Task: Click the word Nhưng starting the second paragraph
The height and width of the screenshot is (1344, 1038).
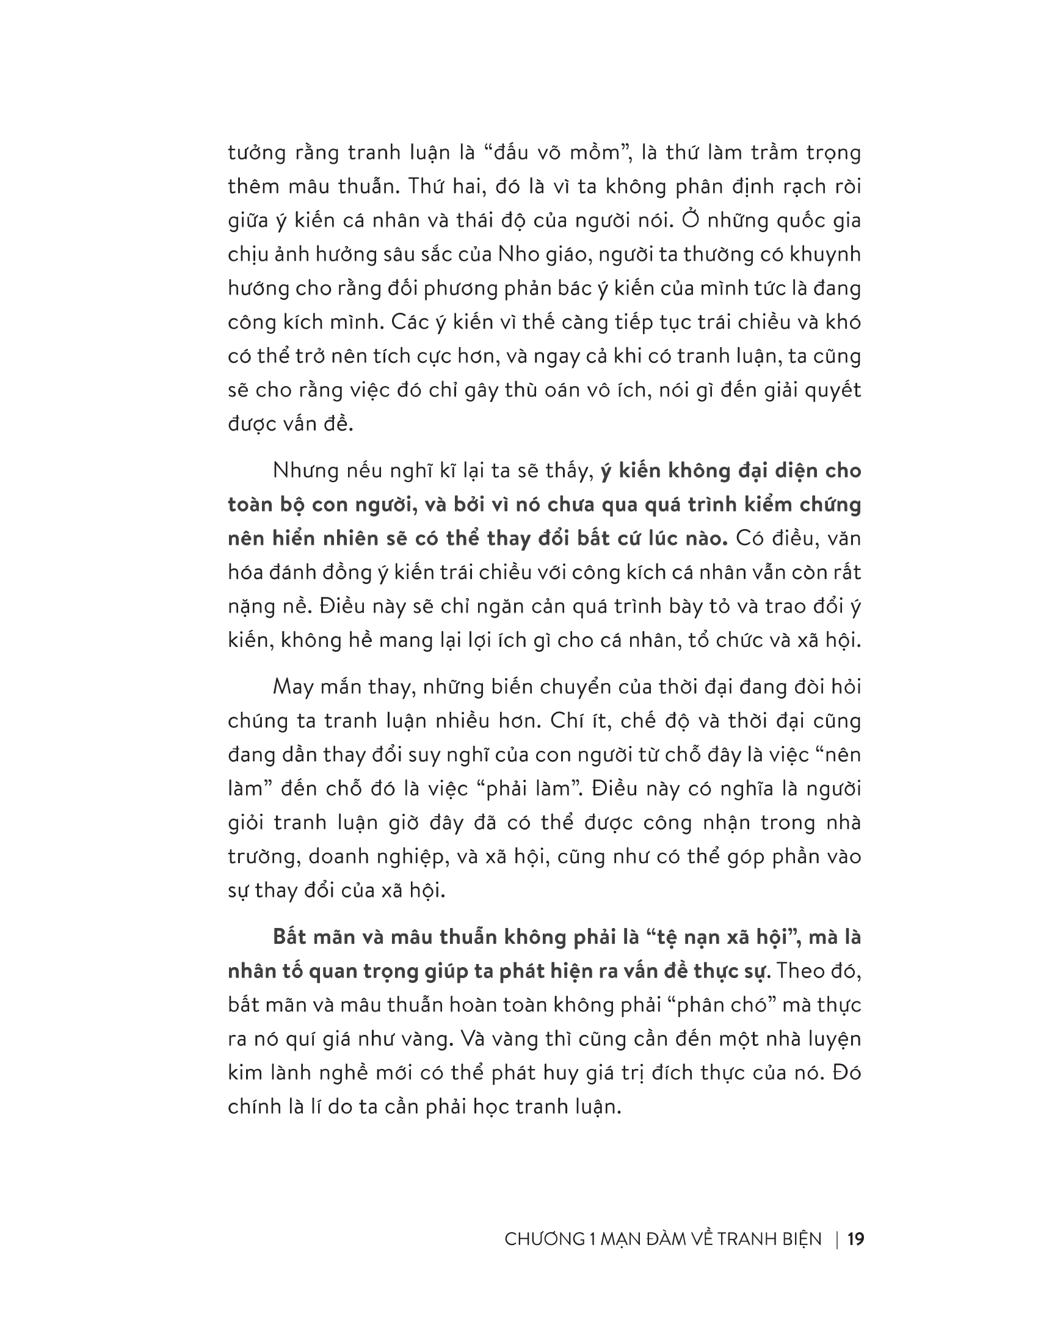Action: pyautogui.click(x=305, y=471)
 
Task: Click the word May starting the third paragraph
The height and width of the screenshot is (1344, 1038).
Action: pyautogui.click(x=292, y=687)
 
